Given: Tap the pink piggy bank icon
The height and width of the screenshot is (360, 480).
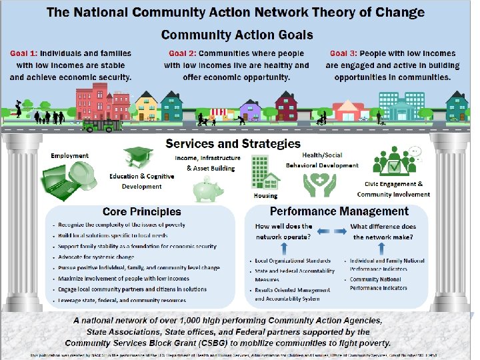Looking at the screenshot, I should (207, 189).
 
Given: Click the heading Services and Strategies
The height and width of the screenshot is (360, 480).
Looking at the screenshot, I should (233, 143).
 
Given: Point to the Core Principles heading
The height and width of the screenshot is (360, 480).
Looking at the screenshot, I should (142, 212).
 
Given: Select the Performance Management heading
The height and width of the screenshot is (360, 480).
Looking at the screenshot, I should (339, 212).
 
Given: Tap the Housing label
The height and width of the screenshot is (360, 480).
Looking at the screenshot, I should (265, 196).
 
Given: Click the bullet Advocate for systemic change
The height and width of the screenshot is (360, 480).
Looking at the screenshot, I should (96, 257).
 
